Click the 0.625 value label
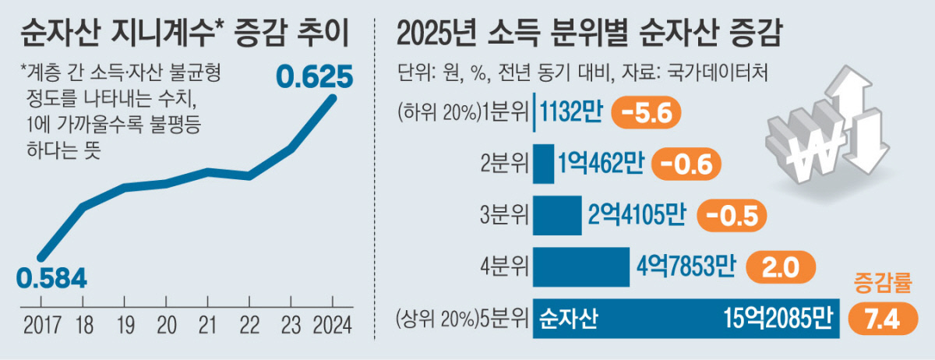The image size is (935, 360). pos(316,76)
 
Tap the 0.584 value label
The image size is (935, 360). pos(51,277)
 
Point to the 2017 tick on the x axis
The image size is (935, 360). pos(40,322)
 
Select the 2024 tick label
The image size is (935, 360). pos(333,322)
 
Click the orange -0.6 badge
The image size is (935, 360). pos(687,164)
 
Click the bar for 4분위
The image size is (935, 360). pos(581,267)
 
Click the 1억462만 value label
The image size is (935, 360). pos(602,164)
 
